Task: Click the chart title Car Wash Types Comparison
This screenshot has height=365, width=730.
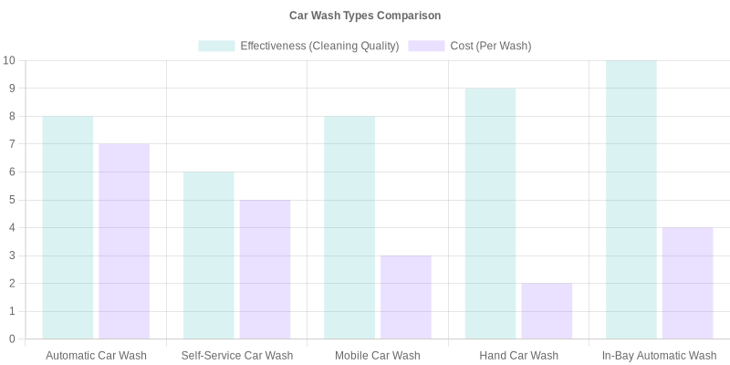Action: [365, 16]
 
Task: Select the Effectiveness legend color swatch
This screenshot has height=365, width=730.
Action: [216, 46]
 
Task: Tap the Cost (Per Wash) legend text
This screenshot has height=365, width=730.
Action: [490, 46]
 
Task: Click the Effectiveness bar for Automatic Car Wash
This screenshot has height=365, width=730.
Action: [68, 227]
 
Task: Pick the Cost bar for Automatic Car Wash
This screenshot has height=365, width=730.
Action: [124, 241]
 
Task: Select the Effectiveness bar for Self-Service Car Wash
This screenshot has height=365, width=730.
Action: [208, 255]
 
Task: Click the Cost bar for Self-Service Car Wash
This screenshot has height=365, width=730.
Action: [265, 269]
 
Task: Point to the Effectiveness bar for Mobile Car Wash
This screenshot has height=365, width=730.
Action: [349, 227]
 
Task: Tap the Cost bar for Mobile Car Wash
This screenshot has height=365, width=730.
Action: [406, 297]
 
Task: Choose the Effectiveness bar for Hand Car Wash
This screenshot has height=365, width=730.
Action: [490, 214]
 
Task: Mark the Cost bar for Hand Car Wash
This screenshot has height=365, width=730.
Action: [547, 311]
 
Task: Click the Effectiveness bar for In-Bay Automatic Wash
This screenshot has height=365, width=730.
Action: [631, 200]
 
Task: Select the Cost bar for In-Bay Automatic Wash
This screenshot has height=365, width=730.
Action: [688, 283]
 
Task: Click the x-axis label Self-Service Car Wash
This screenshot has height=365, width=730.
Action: [236, 356]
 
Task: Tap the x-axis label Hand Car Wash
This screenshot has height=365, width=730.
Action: [518, 356]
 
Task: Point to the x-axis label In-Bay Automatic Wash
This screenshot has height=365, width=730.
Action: [659, 356]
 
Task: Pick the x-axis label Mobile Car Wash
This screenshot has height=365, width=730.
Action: [378, 356]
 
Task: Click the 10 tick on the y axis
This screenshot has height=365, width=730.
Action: [9, 60]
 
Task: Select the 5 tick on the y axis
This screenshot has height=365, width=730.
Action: [12, 200]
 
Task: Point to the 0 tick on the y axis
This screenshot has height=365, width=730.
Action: [12, 339]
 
